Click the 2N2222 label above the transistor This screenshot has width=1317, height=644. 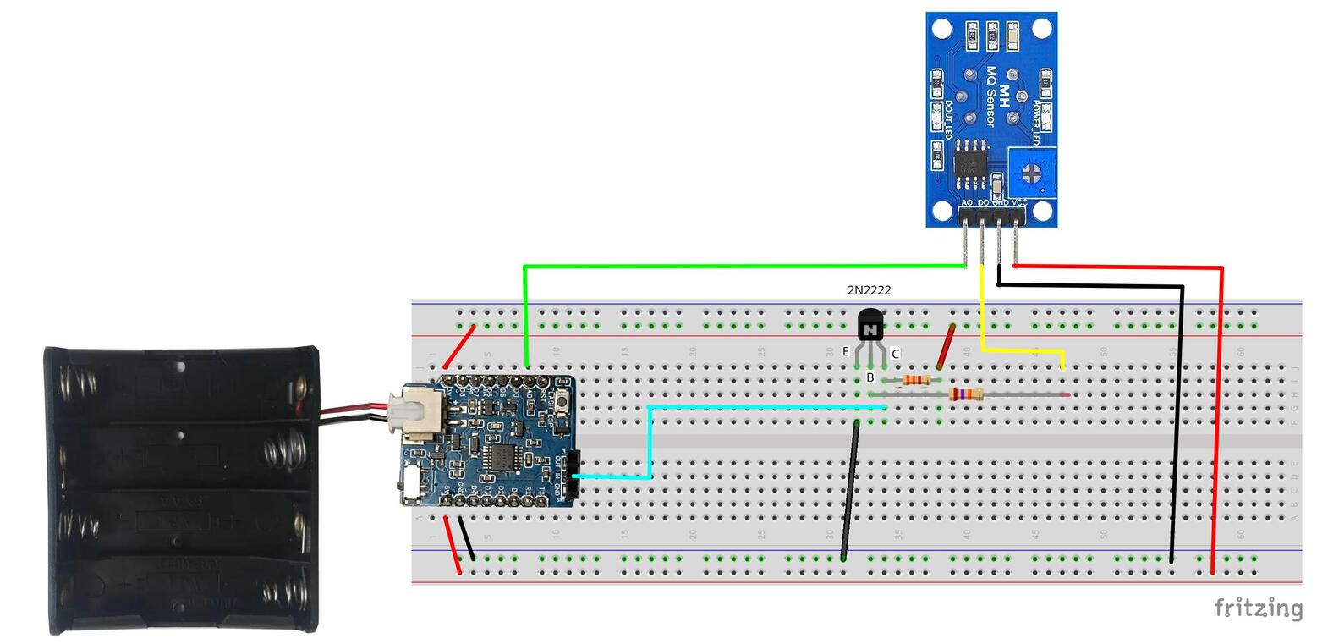point(869,290)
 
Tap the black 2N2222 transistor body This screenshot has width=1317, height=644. point(870,326)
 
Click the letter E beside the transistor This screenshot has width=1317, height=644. point(845,352)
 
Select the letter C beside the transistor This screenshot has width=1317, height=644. point(895,355)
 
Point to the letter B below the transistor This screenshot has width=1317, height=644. point(870,377)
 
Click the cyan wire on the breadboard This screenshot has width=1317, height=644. point(761,407)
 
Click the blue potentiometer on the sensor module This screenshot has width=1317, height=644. point(1032,173)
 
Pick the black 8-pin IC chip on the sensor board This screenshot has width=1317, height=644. point(971,165)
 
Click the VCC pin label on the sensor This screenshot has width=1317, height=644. point(1019,203)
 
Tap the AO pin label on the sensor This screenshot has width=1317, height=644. point(967,203)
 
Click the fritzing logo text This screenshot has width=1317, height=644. point(1258,608)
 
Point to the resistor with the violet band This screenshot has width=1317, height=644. point(965,394)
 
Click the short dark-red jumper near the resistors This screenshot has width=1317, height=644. point(946,347)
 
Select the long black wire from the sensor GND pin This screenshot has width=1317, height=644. point(1180,423)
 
